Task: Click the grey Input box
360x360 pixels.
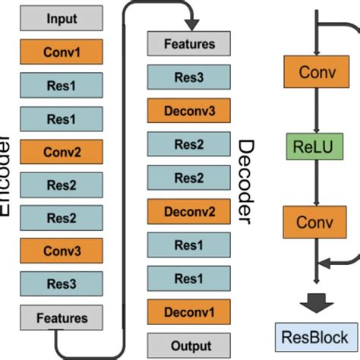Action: (x=62, y=17)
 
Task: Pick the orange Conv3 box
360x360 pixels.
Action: (x=62, y=249)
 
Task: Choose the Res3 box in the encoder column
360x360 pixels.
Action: (x=62, y=283)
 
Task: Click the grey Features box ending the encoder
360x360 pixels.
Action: (x=62, y=317)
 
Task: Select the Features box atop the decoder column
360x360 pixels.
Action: (x=188, y=44)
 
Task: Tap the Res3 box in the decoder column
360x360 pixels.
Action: (x=188, y=77)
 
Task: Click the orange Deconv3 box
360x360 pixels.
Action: (x=188, y=111)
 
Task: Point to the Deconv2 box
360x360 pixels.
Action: (x=188, y=211)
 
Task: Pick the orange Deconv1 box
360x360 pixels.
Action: (x=188, y=311)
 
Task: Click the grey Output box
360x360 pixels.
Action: (x=188, y=343)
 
